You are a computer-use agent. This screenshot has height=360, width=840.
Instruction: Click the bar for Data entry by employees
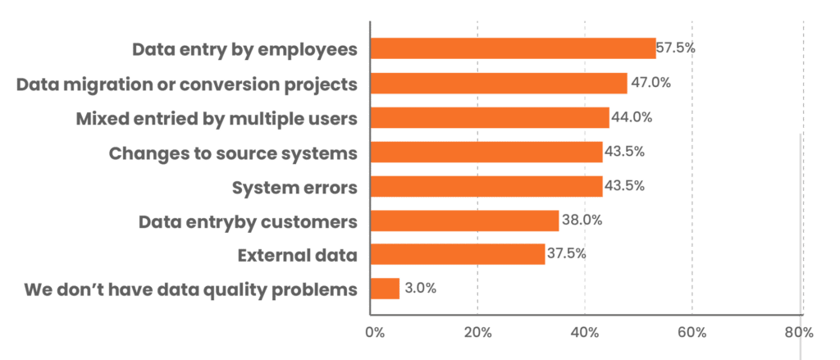coord(514,48)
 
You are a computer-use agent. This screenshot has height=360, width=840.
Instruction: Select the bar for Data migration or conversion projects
coord(499,83)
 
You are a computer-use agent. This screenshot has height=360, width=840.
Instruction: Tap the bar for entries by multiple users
coord(490,117)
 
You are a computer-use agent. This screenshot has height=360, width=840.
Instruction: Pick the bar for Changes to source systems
coord(486,152)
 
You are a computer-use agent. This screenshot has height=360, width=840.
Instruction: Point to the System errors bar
coord(486,186)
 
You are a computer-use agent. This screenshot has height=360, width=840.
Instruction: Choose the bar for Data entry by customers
coord(464,221)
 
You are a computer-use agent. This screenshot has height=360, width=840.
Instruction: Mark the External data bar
coord(458,254)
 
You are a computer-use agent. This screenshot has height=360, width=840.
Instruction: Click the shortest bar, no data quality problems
coord(386,289)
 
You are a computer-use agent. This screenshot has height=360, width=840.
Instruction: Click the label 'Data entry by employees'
coord(245,49)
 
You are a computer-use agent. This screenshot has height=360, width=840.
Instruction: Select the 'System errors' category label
coord(295,187)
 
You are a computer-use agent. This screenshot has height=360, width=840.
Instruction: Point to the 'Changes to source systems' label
coord(233,153)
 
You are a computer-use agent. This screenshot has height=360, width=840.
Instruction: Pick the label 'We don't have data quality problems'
coord(191,289)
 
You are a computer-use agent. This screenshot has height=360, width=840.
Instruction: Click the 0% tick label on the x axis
coord(376,332)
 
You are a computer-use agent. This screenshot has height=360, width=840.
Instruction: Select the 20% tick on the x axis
coord(477,332)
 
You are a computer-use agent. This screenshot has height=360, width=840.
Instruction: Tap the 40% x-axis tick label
coord(585,332)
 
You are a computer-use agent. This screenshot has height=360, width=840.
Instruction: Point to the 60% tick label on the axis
coord(692,332)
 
